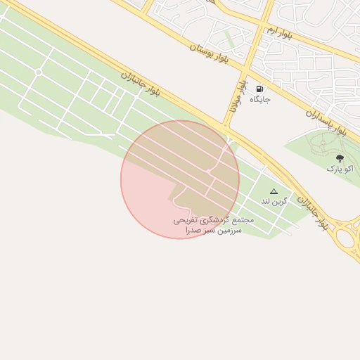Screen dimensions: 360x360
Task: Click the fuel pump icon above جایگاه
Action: point(260,89)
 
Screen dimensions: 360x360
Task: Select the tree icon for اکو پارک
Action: point(340,159)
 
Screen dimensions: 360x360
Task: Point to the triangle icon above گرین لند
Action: point(274,191)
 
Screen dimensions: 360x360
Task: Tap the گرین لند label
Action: point(274,201)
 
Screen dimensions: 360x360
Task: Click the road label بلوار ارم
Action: point(280,32)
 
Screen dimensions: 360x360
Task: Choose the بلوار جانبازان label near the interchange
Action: point(313,212)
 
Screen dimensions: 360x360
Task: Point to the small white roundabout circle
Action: point(39,72)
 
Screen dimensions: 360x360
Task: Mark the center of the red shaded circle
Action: point(180,179)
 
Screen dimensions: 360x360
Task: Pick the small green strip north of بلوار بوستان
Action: point(229,39)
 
